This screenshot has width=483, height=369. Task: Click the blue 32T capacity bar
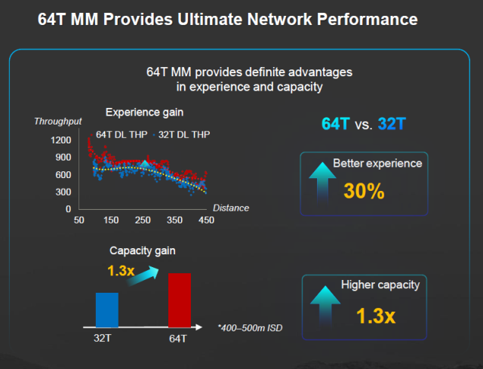pyautogui.click(x=106, y=309)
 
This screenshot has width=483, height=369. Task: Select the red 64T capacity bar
pyautogui.click(x=180, y=300)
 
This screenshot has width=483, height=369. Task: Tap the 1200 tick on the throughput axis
pyautogui.click(x=61, y=140)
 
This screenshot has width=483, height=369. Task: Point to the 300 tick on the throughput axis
pyautogui.click(x=63, y=192)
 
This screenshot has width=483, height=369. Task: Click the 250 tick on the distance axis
pyautogui.click(x=143, y=220)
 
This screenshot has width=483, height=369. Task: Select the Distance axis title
pyautogui.click(x=230, y=208)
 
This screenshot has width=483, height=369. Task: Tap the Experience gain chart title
pyautogui.click(x=144, y=113)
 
